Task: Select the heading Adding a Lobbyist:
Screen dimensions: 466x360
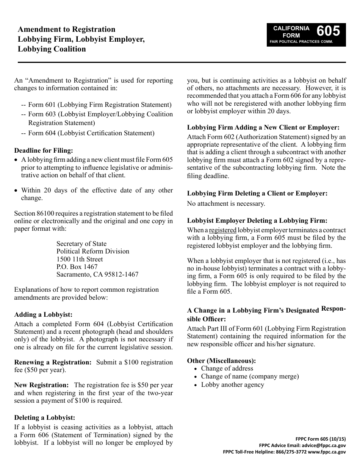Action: [x=43, y=314]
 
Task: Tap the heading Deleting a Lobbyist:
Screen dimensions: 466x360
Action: [x=45, y=418]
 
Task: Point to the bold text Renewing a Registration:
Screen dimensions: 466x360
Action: [x=53, y=362]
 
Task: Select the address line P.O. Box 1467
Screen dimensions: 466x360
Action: [x=77, y=267]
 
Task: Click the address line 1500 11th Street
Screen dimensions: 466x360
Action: [x=80, y=259]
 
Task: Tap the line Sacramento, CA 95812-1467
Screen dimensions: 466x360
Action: [x=97, y=274]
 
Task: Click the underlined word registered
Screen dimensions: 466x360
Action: [x=222, y=230]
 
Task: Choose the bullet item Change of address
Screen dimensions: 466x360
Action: [x=227, y=368]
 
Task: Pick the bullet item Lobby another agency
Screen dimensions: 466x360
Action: [x=232, y=385]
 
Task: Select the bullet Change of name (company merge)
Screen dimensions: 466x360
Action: [x=250, y=376]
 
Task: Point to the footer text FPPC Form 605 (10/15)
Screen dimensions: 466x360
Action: [x=321, y=439]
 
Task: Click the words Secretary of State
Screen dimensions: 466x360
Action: [x=81, y=244]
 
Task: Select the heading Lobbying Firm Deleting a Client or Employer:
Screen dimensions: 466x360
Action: [x=257, y=193]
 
